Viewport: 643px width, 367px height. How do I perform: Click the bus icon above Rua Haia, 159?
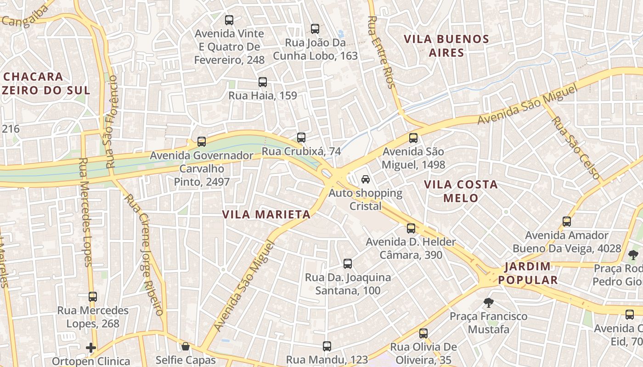click(263, 82)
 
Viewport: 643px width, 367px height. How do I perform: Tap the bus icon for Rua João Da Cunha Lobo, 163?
click(315, 29)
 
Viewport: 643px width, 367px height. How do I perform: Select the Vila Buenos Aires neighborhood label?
click(446, 46)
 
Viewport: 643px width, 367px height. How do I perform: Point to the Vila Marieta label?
click(266, 214)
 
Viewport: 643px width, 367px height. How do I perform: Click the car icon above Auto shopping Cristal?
click(366, 179)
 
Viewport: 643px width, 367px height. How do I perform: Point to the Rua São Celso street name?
click(576, 148)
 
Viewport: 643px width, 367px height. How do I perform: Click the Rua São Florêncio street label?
click(111, 121)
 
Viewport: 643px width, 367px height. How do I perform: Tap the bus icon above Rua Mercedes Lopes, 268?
click(93, 297)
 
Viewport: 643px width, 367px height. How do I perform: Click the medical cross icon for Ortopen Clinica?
click(91, 348)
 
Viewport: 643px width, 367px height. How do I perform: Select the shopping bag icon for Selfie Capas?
click(186, 346)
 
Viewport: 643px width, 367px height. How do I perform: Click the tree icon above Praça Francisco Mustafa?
click(489, 302)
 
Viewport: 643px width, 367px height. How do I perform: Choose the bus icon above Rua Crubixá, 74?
click(301, 138)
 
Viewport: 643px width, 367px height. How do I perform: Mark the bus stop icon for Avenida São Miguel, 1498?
click(413, 138)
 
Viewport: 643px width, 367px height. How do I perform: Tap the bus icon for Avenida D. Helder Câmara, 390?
click(411, 228)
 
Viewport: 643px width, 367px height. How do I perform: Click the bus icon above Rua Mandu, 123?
click(327, 346)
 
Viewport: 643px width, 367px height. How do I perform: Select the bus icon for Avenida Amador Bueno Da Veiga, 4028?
click(567, 222)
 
